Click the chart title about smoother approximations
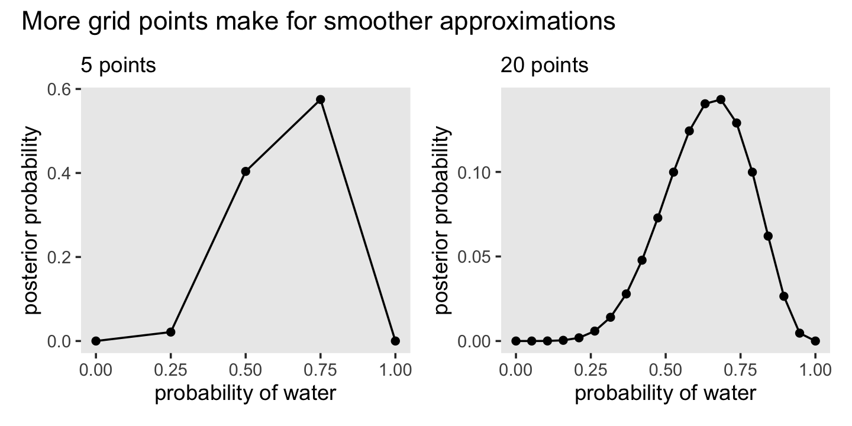click(x=318, y=22)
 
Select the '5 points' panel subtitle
click(x=118, y=65)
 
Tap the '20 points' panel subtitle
click(x=544, y=65)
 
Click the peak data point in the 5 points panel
click(x=321, y=99)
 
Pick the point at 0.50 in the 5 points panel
click(x=246, y=172)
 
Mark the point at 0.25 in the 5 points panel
click(x=171, y=332)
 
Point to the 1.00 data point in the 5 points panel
click(x=395, y=341)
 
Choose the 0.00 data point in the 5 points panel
click(x=96, y=341)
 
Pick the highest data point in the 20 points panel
click(x=721, y=99)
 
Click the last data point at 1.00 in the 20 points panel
click(x=815, y=341)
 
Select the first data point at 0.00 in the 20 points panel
click(x=516, y=341)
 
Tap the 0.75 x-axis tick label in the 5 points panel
click(x=320, y=370)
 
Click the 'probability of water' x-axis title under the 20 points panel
click(x=666, y=393)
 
